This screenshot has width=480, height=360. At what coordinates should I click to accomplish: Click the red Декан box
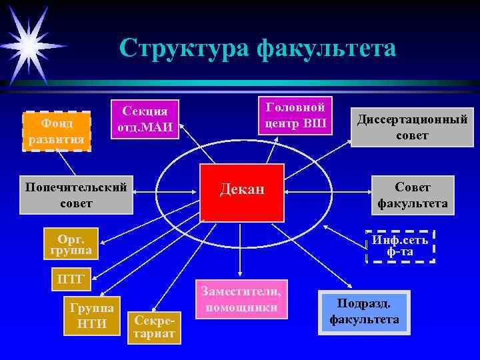(x=243, y=190)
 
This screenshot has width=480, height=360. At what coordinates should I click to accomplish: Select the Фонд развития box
(x=56, y=131)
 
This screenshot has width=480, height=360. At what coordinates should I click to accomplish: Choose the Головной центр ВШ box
(x=295, y=115)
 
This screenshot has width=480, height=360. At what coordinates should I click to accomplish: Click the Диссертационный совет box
(x=412, y=127)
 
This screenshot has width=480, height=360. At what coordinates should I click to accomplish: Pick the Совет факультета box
(x=412, y=195)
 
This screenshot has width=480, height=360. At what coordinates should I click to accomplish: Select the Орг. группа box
(x=70, y=244)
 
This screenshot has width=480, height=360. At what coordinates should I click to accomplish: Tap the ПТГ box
(x=71, y=279)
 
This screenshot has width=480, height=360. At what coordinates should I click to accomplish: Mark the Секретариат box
(x=155, y=326)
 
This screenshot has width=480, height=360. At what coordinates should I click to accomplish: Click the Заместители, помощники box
(x=243, y=299)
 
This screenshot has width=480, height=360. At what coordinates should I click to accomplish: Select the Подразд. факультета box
(x=364, y=311)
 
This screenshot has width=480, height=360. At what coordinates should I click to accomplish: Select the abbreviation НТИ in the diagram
(x=91, y=323)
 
